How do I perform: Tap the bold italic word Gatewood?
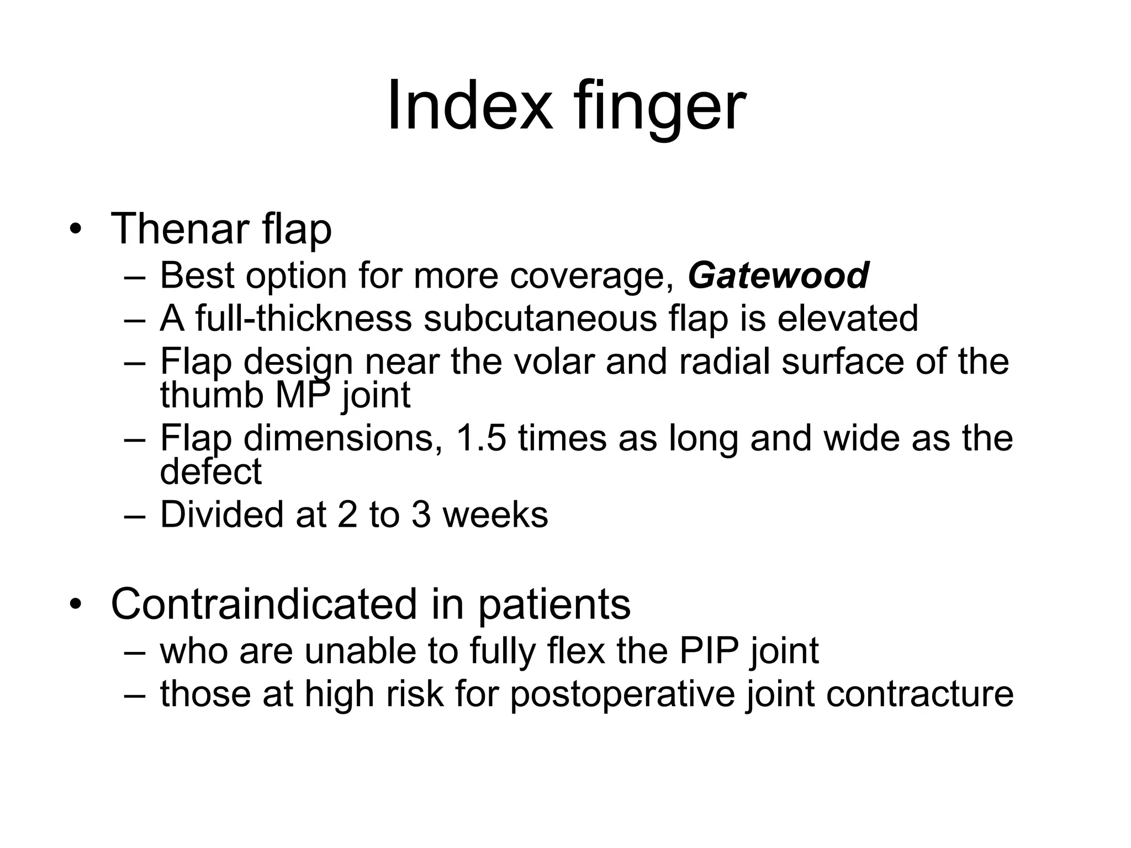pos(778,275)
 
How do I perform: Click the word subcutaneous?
pos(540,319)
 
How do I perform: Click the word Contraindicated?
pos(263,605)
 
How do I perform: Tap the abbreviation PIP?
pos(709,651)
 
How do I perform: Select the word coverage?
pos(591,275)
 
